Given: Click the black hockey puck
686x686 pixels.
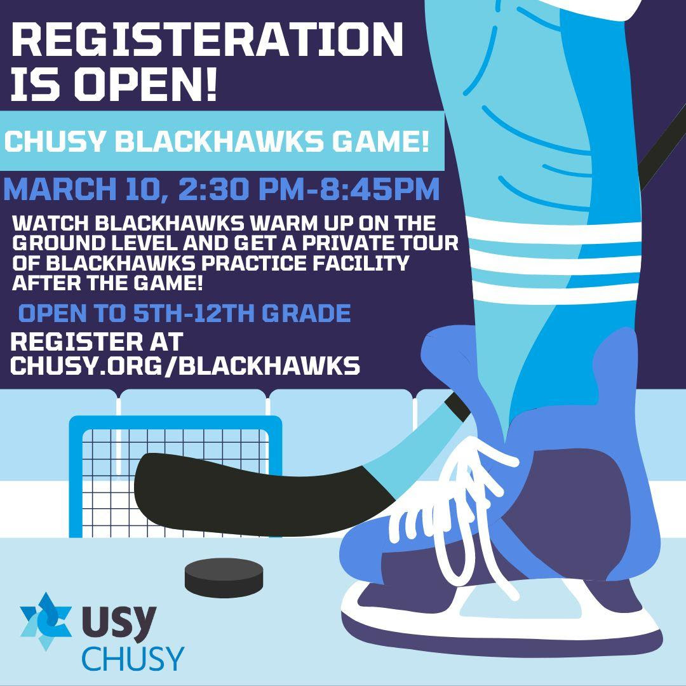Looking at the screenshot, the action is (x=224, y=577).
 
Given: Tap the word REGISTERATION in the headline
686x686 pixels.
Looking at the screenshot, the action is (x=207, y=39).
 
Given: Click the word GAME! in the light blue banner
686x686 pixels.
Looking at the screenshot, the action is (x=380, y=141).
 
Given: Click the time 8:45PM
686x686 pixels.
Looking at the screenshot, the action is (x=379, y=189).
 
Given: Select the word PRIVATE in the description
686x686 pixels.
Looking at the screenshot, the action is (x=351, y=243).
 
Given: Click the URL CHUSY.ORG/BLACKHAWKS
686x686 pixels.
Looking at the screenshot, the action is (x=185, y=365).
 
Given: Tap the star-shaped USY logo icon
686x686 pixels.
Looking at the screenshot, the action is (x=46, y=621).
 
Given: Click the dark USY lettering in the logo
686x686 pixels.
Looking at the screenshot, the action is (x=119, y=622).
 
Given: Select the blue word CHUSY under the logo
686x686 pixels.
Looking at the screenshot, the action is (x=133, y=659).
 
